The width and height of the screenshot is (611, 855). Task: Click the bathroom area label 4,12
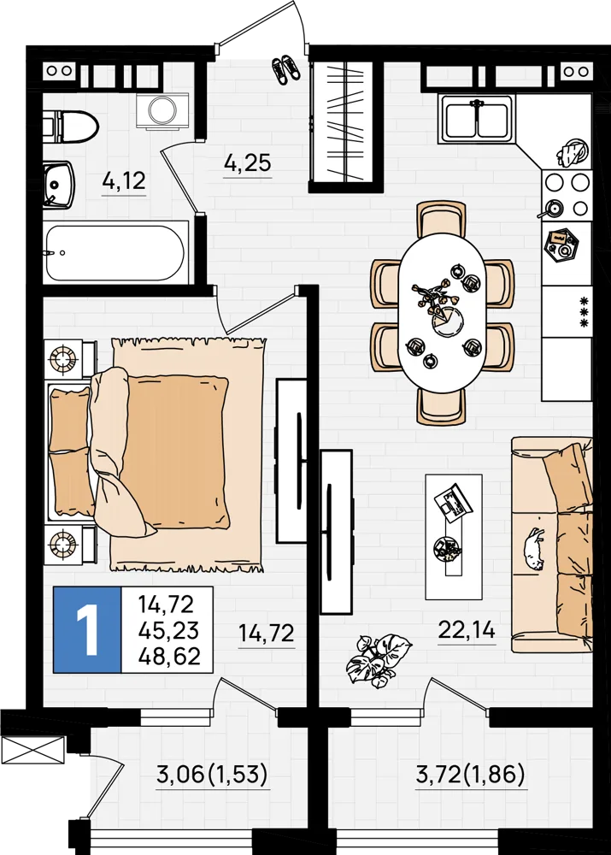pos(124,180)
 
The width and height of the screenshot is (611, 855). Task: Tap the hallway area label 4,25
pos(248,162)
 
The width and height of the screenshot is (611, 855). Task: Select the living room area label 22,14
pos(467,630)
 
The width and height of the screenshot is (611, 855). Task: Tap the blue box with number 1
pos(87,630)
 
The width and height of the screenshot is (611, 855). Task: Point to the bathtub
pos(116,253)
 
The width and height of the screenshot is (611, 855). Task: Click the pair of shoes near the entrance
pos(285,69)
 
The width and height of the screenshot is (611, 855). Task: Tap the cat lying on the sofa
pos(534,550)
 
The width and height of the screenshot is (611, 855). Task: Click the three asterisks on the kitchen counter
pos(585,311)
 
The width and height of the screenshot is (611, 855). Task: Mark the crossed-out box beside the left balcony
pos(33,752)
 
